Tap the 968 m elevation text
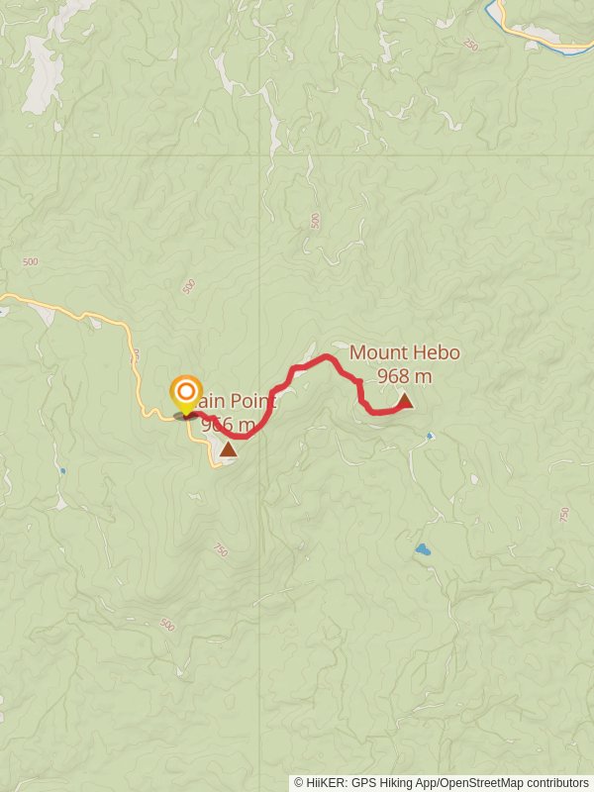[404, 376]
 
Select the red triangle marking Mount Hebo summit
[405, 401]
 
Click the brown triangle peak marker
[229, 449]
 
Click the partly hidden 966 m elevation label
[229, 425]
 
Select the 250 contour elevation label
[470, 46]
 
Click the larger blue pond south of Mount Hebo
[423, 548]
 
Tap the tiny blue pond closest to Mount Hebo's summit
[429, 435]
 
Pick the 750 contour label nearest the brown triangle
[220, 549]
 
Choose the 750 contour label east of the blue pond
[563, 516]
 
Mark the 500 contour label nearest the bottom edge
[166, 626]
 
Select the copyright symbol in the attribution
[299, 782]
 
